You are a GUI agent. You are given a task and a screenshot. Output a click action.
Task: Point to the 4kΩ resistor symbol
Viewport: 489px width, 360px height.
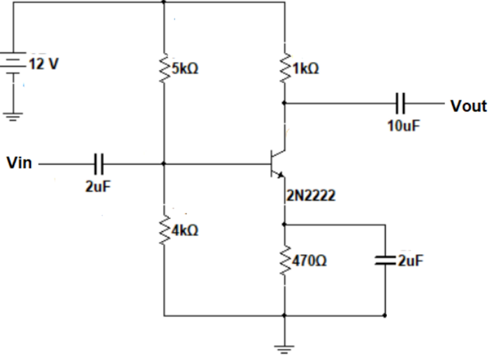click(x=163, y=230)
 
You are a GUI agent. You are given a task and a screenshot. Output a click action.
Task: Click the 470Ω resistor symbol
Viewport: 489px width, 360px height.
click(x=284, y=261)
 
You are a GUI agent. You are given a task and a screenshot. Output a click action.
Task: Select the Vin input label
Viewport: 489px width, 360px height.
click(x=18, y=164)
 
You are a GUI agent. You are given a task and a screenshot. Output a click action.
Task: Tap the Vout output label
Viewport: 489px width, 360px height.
click(x=468, y=106)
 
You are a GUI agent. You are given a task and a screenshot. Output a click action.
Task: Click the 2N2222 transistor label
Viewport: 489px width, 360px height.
click(x=309, y=196)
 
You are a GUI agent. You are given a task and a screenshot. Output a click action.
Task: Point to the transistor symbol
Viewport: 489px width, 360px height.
click(x=277, y=164)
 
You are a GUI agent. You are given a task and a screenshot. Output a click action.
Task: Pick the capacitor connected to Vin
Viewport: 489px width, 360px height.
click(x=98, y=164)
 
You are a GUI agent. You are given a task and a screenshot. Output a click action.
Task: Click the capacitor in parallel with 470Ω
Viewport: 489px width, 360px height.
click(x=385, y=261)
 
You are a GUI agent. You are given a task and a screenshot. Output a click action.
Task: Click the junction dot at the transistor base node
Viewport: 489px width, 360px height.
click(x=163, y=164)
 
